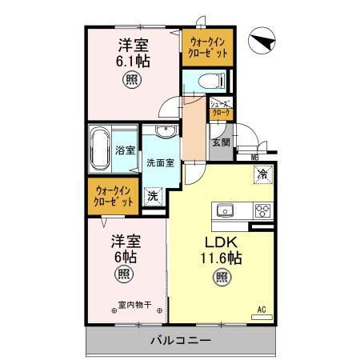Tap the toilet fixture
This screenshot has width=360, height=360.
[208, 80]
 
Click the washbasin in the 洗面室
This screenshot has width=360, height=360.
[166, 131]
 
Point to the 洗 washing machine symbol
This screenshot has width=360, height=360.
[152, 195]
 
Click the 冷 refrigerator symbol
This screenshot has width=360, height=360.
[262, 173]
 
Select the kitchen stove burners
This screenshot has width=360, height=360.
[262, 210]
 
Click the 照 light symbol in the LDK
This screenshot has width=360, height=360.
[219, 278]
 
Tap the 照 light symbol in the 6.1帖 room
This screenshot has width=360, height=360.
[130, 80]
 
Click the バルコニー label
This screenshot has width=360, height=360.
[180, 340]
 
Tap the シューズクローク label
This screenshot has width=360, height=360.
[220, 109]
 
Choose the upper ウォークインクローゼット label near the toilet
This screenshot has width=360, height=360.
[206, 46]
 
